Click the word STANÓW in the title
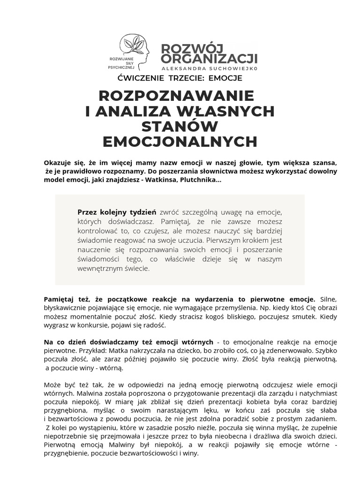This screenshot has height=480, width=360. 180,127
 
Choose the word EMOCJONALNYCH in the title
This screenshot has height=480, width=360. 180,142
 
